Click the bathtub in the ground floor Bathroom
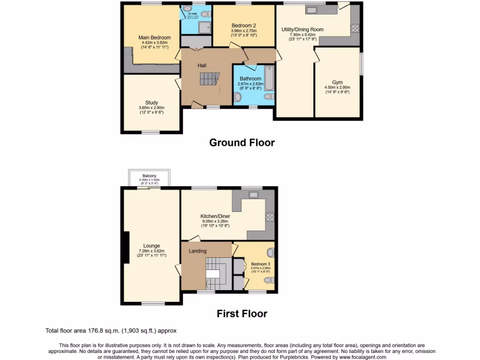(269, 78)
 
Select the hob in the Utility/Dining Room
(355, 28)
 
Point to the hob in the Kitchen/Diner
(270, 217)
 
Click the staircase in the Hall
(210, 79)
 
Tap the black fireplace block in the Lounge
(126, 247)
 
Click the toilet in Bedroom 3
(269, 280)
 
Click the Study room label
(151, 103)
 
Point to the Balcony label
(150, 176)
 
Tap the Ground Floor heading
(242, 142)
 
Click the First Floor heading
(242, 314)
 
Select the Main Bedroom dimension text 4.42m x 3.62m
(154, 43)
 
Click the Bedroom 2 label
(243, 25)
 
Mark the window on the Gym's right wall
(361, 63)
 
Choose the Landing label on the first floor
(197, 251)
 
